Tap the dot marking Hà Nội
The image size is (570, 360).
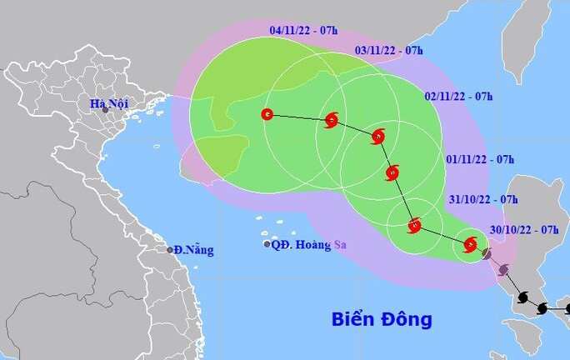105,110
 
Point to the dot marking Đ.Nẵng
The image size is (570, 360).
170,249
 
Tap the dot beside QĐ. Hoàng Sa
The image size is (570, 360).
267,244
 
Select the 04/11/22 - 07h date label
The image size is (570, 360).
303,31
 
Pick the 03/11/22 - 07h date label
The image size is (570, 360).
387,50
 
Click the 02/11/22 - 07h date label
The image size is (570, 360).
457,96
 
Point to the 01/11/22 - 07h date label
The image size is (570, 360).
479,158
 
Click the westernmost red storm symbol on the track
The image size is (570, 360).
267,114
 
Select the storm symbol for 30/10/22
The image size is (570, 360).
469,245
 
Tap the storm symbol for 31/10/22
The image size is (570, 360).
414,225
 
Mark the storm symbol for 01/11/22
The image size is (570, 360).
392,173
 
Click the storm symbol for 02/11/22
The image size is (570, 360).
378,136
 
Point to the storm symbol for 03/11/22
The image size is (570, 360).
332,120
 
